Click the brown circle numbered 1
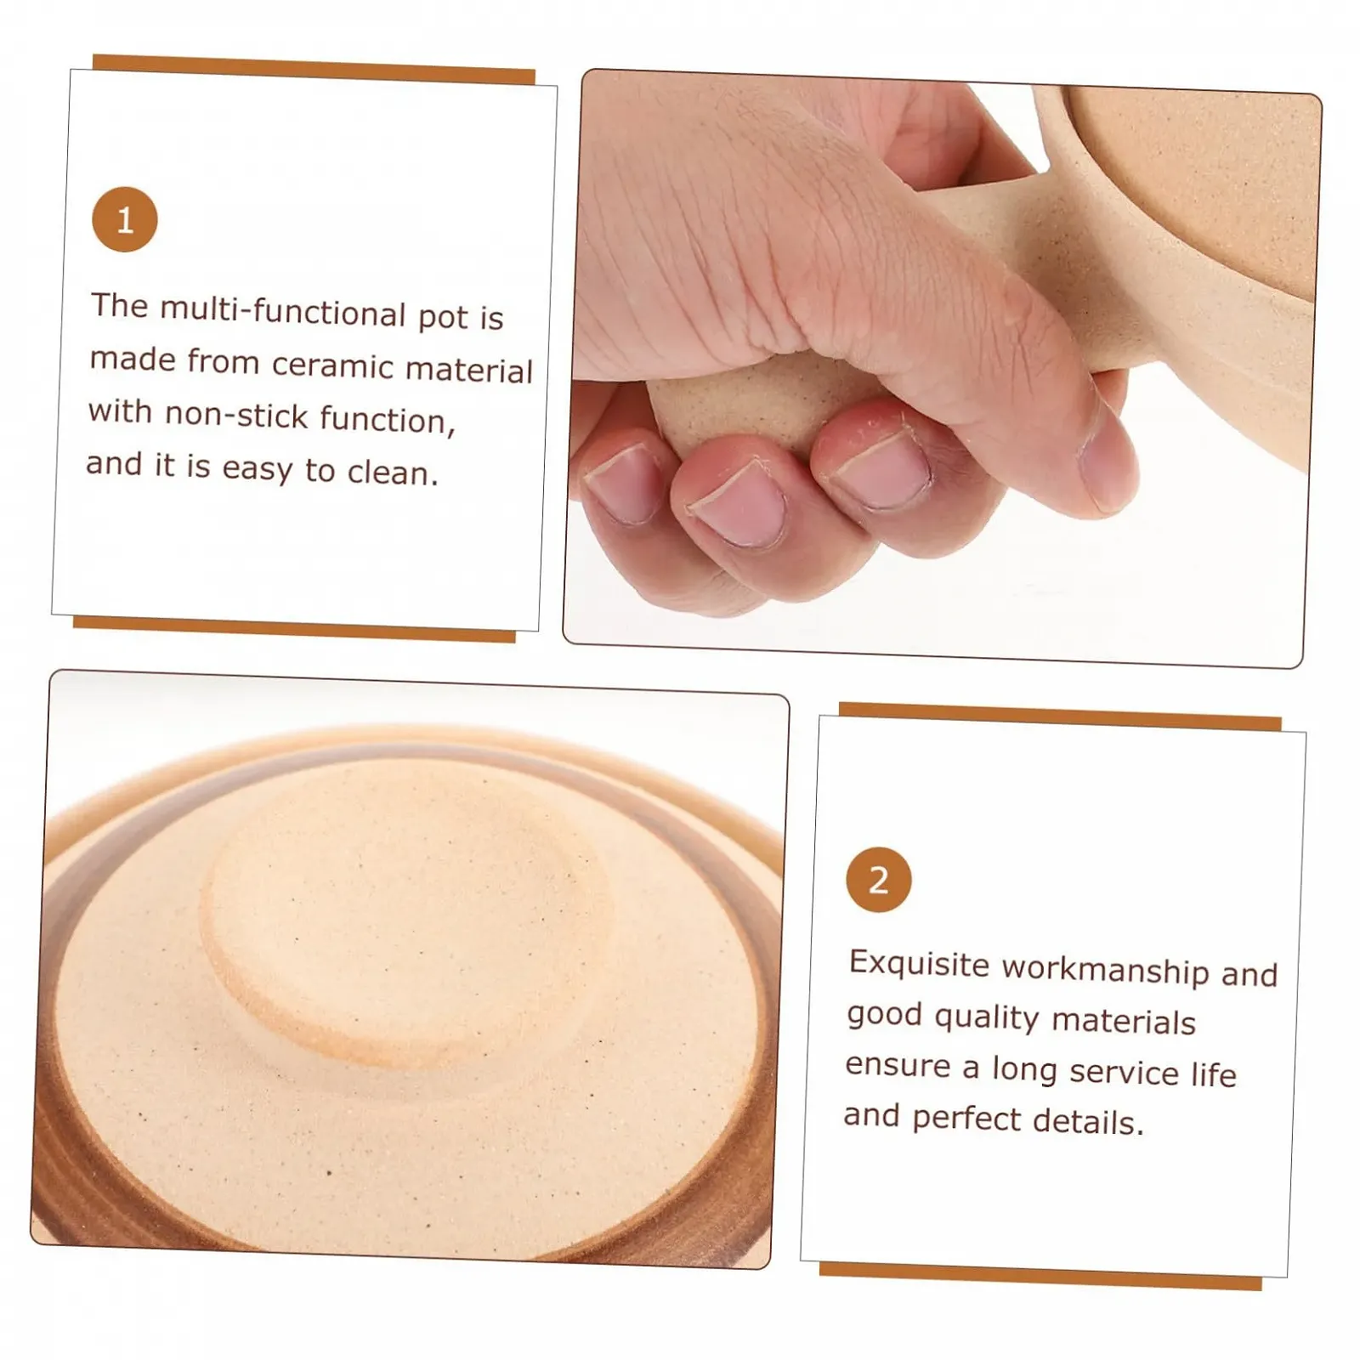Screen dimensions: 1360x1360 click(125, 219)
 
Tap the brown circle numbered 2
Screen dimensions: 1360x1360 click(878, 879)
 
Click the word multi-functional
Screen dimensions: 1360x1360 click(283, 311)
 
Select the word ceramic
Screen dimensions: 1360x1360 click(331, 365)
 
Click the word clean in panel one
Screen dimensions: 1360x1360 click(392, 472)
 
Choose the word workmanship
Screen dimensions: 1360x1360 click(1105, 971)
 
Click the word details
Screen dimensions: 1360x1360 click(1086, 1123)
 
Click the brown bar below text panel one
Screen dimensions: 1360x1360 click(294, 630)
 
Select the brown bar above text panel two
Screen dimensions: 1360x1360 click(1060, 716)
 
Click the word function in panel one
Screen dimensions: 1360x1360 click(387, 419)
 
